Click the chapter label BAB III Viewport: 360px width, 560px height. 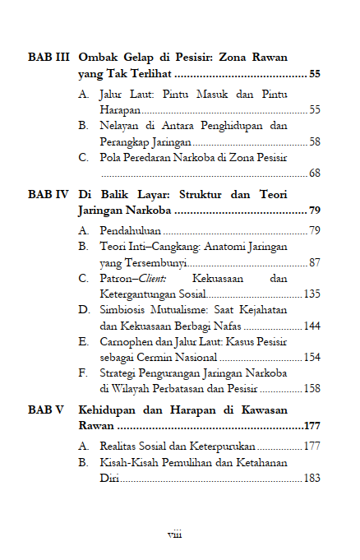(48, 59)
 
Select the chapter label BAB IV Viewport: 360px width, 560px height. (48, 196)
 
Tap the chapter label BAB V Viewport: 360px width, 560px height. (46, 410)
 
